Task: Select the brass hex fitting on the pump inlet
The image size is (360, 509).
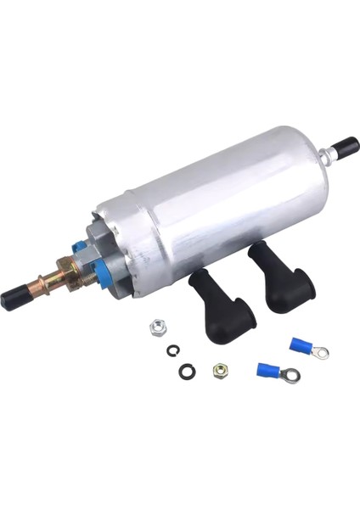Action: (69, 275)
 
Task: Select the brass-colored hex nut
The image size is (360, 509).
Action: (221, 371)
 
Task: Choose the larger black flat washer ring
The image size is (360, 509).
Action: (187, 371)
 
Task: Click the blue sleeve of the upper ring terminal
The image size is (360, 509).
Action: (301, 344)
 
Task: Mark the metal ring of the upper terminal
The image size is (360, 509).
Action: (320, 353)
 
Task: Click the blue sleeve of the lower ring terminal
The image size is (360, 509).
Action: (269, 370)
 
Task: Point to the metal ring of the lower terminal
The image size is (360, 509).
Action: (291, 375)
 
